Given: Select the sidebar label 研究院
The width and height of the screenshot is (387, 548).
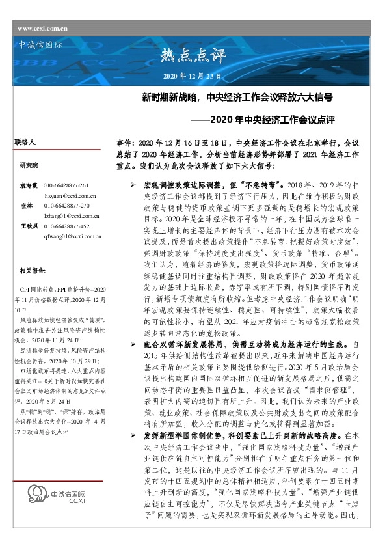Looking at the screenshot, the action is click(29, 165).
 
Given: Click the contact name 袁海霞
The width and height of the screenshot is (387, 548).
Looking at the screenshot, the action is click(28, 185).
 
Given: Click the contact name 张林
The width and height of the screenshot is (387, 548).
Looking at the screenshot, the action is click(27, 205).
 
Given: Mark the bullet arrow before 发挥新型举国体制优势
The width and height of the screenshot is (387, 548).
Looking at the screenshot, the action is click(133, 434).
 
